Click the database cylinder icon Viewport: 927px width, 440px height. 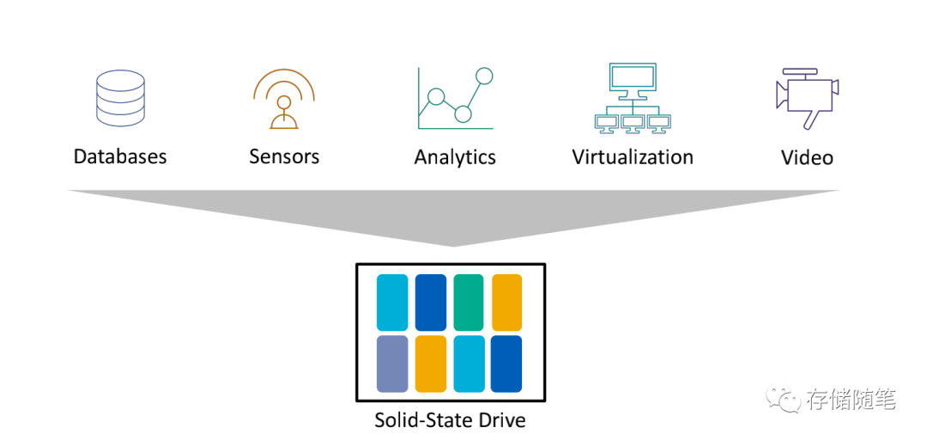[x=119, y=100]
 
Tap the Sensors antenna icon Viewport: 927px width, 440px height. [x=283, y=98]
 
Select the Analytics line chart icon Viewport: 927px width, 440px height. [x=456, y=99]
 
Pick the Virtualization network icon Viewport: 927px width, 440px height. [x=633, y=98]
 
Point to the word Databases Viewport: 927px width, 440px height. [x=120, y=157]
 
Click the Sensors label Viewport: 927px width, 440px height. [x=284, y=156]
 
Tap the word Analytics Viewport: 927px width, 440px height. [x=455, y=158]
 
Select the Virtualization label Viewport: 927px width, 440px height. [x=633, y=157]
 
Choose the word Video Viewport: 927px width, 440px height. [x=807, y=158]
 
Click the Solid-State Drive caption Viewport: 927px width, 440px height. [x=450, y=421]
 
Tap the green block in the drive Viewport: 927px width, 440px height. [x=469, y=302]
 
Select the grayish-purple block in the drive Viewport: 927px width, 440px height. [x=392, y=364]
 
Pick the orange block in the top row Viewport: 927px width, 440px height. [x=507, y=302]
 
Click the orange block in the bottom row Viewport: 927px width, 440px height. [x=431, y=364]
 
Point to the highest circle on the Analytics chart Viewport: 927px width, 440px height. [x=484, y=76]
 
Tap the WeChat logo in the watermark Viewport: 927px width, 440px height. [x=783, y=399]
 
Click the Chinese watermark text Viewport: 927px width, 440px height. [x=850, y=400]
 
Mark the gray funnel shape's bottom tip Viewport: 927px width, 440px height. [x=452, y=246]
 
